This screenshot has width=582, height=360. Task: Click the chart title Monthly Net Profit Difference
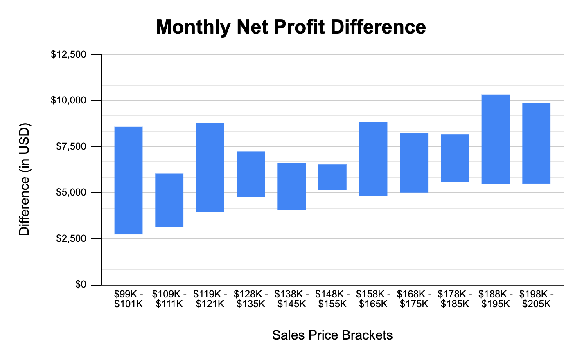pyautogui.click(x=291, y=27)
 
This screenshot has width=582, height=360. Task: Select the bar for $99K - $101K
pyautogui.click(x=129, y=180)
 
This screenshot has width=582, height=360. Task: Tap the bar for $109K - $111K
pyautogui.click(x=169, y=200)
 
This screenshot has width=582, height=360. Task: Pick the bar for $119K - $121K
pyautogui.click(x=210, y=167)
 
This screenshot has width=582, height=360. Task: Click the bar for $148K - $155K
pyautogui.click(x=332, y=177)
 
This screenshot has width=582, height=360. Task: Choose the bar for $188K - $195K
pyautogui.click(x=496, y=139)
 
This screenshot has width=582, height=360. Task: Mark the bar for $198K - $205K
pyautogui.click(x=537, y=143)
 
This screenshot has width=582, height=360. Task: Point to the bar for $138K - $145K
pyautogui.click(x=292, y=186)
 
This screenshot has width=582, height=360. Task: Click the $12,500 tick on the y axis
pyautogui.click(x=68, y=54)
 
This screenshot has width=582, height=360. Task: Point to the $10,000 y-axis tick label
pyautogui.click(x=68, y=101)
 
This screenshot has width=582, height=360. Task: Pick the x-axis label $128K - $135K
pyautogui.click(x=251, y=299)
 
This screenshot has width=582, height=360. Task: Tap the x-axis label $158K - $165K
pyautogui.click(x=373, y=299)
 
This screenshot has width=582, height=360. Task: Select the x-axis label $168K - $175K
pyautogui.click(x=414, y=299)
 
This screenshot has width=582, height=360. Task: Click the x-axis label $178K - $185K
pyautogui.click(x=455, y=299)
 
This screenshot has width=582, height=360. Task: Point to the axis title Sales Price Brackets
pyautogui.click(x=332, y=335)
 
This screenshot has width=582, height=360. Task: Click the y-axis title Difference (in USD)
pyautogui.click(x=25, y=179)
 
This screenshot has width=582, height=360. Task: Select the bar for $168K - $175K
pyautogui.click(x=414, y=163)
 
